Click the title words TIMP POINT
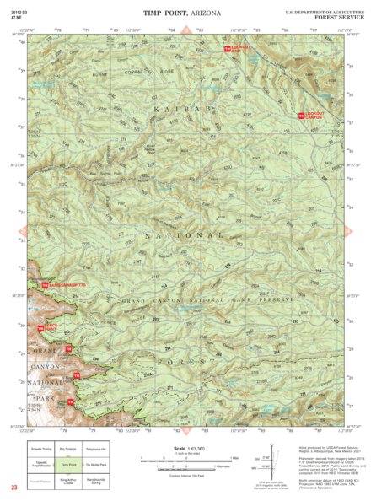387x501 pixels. [167, 13]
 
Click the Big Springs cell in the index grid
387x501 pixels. [68, 448]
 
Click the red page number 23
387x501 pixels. [13, 488]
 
